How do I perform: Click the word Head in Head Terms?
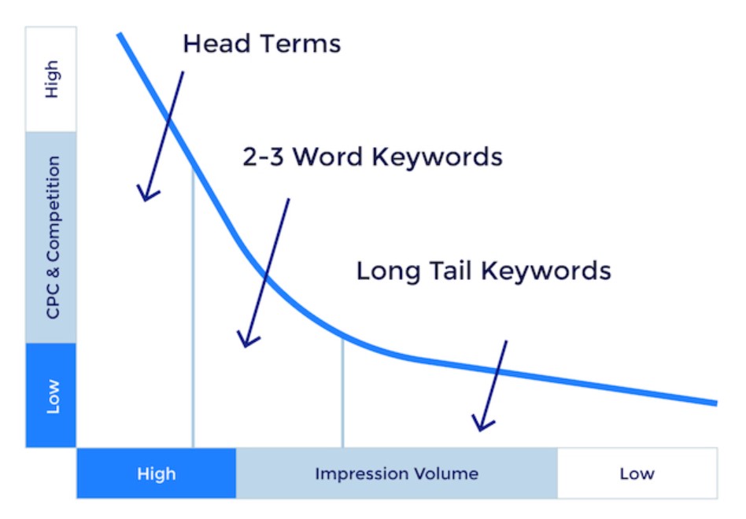216,43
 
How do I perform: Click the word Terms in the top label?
301,43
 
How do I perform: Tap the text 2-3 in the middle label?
263,156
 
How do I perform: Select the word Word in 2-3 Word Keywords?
327,156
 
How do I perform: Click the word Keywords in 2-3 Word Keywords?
438,156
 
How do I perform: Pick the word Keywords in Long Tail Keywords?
545,271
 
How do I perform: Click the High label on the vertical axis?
51,79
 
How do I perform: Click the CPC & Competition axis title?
53,237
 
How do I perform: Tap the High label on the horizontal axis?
157,474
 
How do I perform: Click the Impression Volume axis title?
397,473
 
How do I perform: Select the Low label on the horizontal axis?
637,473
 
